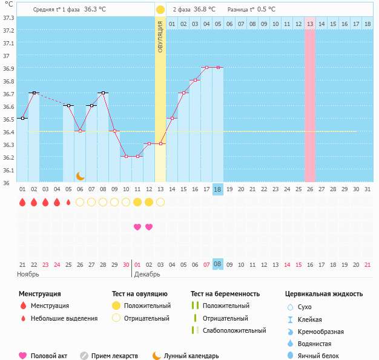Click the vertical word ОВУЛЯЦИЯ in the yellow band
pyautogui.click(x=160, y=36)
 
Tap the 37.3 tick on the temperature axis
pyautogui.click(x=8, y=18)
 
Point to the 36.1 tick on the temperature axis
pyautogui.click(x=8, y=170)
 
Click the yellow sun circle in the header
pyautogui.click(x=160, y=10)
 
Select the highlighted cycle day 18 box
pyautogui.click(x=218, y=189)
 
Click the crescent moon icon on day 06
pyautogui.click(x=80, y=175)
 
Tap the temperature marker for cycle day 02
pyautogui.click(x=34, y=93)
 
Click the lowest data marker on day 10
pyautogui.click(x=126, y=156)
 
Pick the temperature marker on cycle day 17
pyautogui.click(x=206, y=68)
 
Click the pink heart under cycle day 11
pyautogui.click(x=137, y=227)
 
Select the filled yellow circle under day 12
pyautogui.click(x=149, y=202)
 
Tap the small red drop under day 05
pyautogui.click(x=68, y=202)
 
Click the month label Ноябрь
pyautogui.click(x=28, y=274)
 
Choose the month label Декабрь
pyautogui.click(x=147, y=274)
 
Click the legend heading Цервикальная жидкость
pyautogui.click(x=324, y=294)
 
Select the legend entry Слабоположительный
pyautogui.click(x=234, y=330)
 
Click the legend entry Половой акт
pyautogui.click(x=49, y=356)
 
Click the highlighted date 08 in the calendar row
pyautogui.click(x=218, y=264)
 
